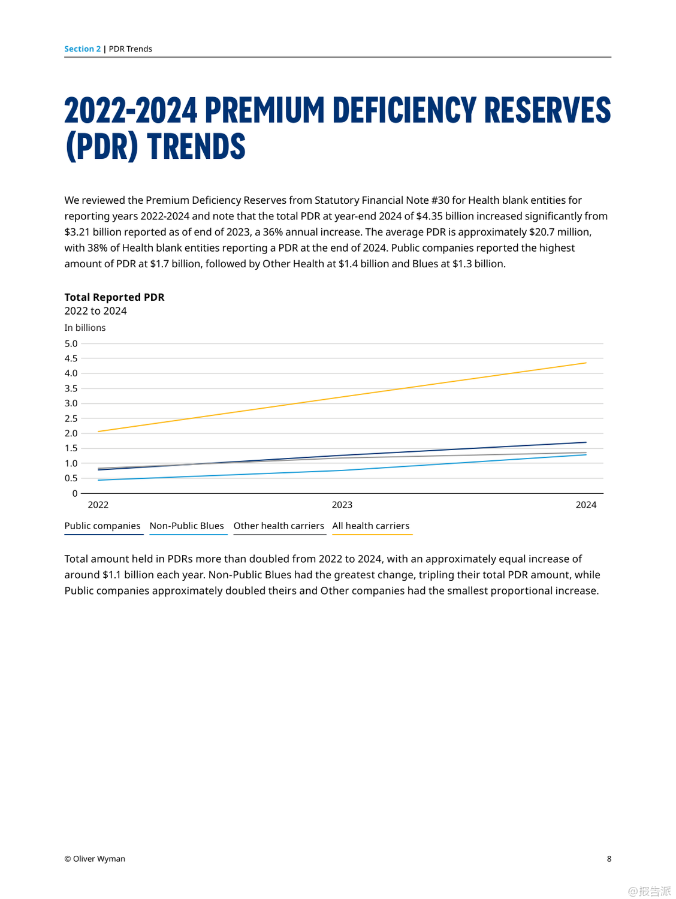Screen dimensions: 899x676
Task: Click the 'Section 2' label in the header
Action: [x=83, y=49]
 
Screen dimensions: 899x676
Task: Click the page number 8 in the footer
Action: [x=609, y=859]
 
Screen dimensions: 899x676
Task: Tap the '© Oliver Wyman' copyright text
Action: [x=95, y=859]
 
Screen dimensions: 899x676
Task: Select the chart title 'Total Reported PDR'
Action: [x=114, y=297]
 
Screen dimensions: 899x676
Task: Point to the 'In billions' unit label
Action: [x=85, y=328]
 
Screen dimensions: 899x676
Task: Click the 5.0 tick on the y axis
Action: [x=71, y=344]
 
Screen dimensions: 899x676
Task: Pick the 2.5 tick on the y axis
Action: [x=71, y=418]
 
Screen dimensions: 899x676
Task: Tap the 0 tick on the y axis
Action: [x=75, y=494]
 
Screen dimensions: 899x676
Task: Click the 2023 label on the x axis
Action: [x=342, y=505]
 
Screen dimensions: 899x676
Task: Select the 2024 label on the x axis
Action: [x=586, y=505]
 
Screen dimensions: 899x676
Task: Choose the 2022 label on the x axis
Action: [x=98, y=505]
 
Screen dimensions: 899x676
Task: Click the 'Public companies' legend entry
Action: [x=102, y=526]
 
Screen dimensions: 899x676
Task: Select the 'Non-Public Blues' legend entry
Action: [x=187, y=526]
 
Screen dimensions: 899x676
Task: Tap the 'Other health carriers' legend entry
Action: [x=279, y=526]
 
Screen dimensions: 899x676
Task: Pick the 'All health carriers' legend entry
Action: [x=371, y=526]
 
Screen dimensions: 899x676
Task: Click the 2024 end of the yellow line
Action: [x=586, y=363]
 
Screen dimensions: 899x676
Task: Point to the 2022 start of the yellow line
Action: [x=98, y=432]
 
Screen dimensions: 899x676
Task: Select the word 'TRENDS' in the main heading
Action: [x=197, y=147]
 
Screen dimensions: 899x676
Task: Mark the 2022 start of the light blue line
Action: [x=98, y=480]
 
